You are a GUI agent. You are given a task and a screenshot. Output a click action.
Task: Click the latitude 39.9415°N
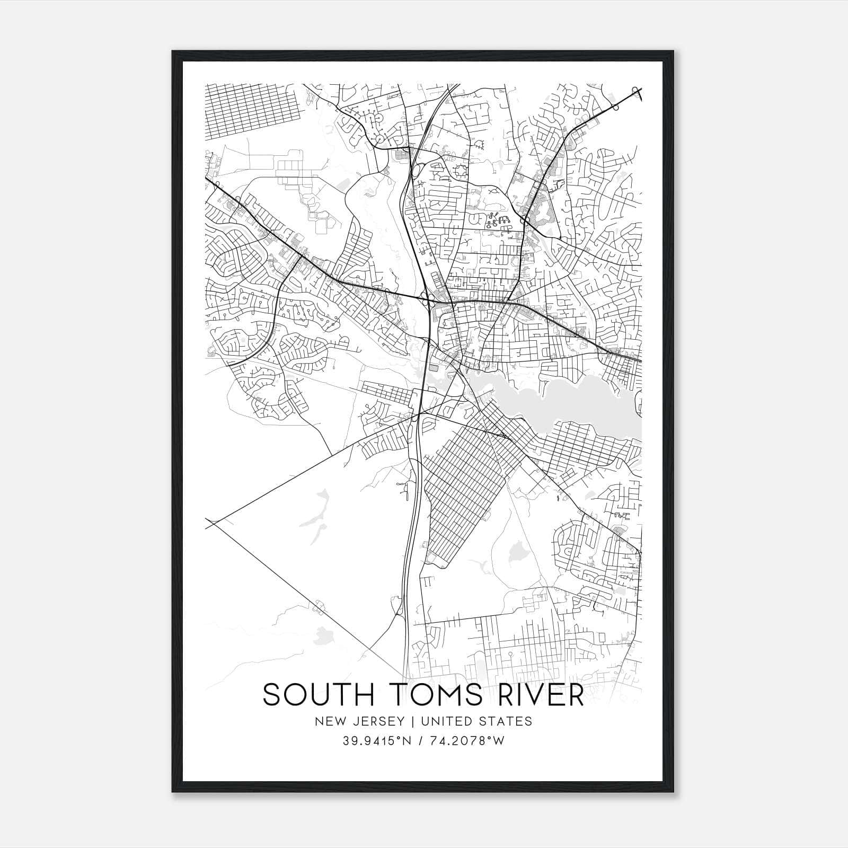377,741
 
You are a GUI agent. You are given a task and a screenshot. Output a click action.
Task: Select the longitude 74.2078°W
470,741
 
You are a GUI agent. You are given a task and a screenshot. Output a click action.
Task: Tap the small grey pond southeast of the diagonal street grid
516,554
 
